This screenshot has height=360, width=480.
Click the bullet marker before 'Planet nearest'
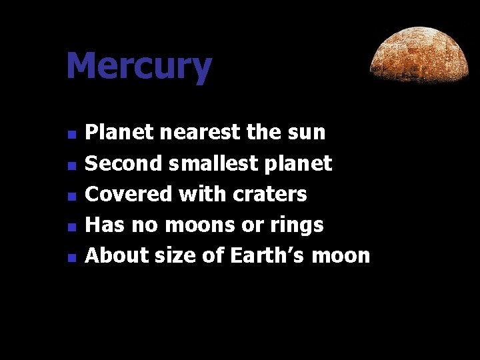73,134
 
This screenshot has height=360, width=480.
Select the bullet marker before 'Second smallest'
73,165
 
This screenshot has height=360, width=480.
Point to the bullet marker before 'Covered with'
73,196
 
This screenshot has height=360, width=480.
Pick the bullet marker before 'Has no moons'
73,227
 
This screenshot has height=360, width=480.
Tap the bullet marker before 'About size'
73,257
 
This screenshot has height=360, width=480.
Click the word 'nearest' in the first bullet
201,132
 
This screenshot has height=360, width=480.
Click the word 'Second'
125,163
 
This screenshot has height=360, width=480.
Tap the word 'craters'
270,194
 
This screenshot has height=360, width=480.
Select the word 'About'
117,255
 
